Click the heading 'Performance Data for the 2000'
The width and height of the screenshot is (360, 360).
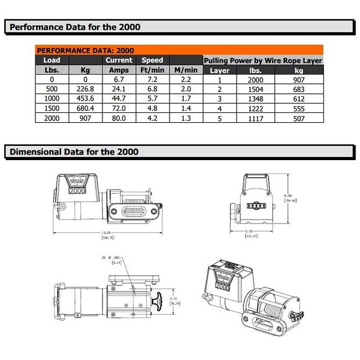click(x=75, y=27)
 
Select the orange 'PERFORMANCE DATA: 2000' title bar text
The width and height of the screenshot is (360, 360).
click(x=85, y=50)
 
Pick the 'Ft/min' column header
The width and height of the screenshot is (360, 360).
click(x=152, y=70)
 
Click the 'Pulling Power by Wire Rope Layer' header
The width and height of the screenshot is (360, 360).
click(x=263, y=61)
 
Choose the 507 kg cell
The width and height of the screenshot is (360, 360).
click(x=299, y=119)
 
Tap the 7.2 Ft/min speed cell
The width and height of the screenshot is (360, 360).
click(x=152, y=80)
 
